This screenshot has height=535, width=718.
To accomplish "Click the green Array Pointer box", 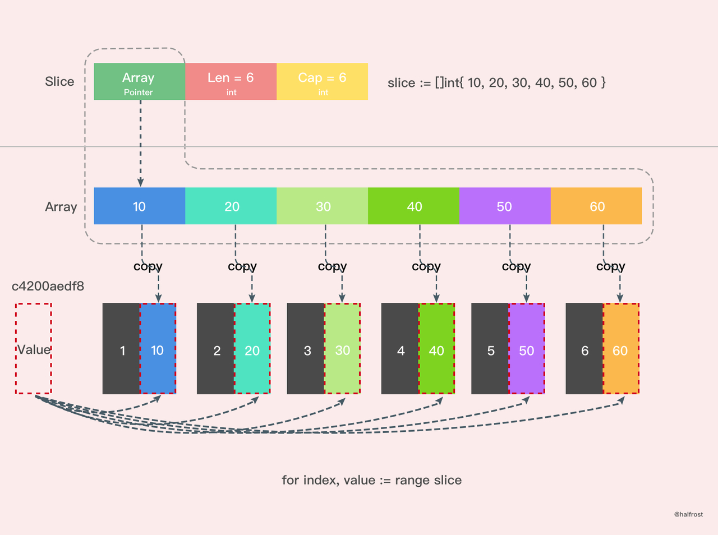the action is click(139, 81).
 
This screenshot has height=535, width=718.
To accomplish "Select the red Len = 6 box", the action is click(231, 81).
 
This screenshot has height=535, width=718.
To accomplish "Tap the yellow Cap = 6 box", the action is click(322, 81).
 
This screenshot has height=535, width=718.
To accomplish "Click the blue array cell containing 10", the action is click(139, 206).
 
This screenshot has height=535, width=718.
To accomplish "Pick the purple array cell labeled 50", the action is click(505, 206).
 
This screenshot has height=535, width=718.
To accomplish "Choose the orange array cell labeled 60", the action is click(596, 206).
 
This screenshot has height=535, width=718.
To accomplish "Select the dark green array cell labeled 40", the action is click(414, 206).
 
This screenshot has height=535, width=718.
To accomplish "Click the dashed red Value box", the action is click(33, 349).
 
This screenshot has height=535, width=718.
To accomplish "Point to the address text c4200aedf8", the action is click(48, 286).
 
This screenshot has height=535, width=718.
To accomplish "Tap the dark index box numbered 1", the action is click(121, 349).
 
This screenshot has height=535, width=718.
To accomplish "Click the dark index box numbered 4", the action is click(400, 349).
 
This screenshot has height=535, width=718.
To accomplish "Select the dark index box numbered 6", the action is click(584, 349).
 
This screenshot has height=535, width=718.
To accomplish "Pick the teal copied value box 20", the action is click(252, 349).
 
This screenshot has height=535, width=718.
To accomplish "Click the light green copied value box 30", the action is click(343, 349).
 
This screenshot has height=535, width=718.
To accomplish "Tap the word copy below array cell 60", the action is click(611, 267).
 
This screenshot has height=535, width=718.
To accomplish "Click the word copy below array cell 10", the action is click(148, 267).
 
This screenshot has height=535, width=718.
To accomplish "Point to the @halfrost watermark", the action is click(688, 514).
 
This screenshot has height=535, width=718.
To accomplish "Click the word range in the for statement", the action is click(413, 481).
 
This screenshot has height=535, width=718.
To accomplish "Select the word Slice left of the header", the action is click(59, 81).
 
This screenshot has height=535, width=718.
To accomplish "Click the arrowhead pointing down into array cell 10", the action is click(141, 183).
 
